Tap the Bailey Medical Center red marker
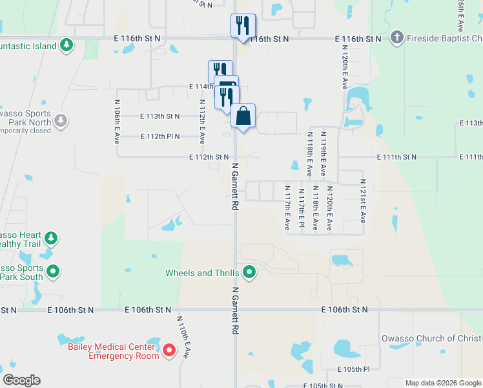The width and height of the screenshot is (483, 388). (x=169, y=351)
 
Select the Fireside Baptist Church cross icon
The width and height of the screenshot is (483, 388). (x=396, y=38)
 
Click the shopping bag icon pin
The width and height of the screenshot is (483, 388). (x=243, y=116)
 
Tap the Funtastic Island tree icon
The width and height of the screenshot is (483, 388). (x=66, y=45)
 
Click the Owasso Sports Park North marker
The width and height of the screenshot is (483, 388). (x=61, y=120)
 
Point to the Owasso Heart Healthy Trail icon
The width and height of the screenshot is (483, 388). (x=50, y=239)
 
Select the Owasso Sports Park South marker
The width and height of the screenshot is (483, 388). (x=54, y=272)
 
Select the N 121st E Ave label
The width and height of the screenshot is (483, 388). (x=363, y=201)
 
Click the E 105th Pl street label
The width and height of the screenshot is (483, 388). (x=353, y=369)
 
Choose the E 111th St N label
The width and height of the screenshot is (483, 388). (x=396, y=157)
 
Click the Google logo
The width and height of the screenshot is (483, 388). (x=21, y=380)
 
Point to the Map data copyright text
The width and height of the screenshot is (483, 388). (x=443, y=383)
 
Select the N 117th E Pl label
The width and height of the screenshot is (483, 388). (x=301, y=206)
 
